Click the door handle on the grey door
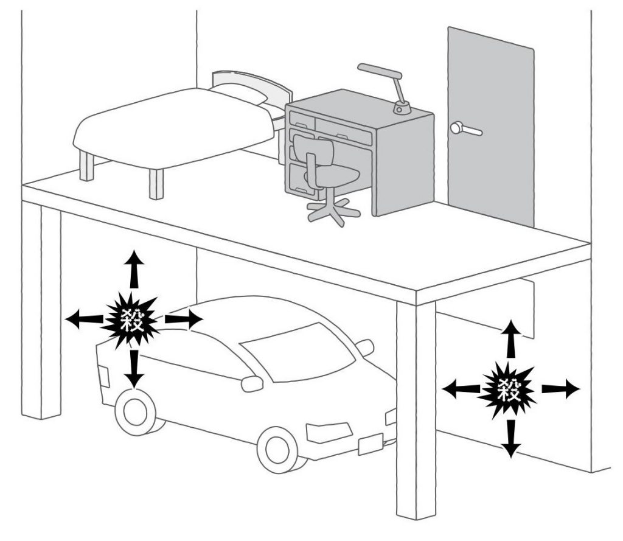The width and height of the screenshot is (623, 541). [465, 129]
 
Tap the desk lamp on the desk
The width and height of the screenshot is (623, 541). [389, 85]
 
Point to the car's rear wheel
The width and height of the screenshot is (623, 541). [135, 412]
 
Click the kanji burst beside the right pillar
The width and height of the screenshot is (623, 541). [510, 388]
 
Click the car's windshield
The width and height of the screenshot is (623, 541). [298, 353]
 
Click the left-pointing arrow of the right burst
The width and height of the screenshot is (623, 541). [458, 388]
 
